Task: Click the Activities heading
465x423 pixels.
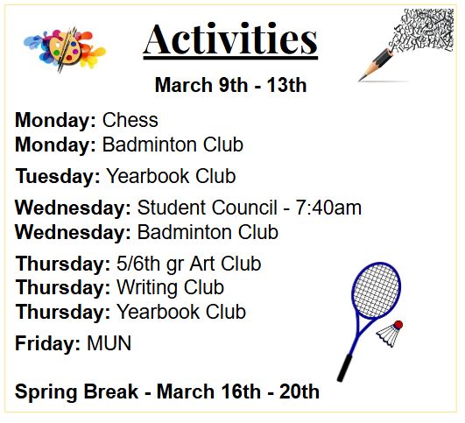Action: click(x=230, y=40)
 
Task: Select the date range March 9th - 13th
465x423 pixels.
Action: click(x=230, y=86)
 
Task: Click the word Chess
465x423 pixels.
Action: click(x=130, y=120)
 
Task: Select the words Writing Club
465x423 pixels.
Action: click(x=170, y=287)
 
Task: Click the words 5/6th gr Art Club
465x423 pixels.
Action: click(x=188, y=264)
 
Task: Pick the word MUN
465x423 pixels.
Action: click(x=109, y=343)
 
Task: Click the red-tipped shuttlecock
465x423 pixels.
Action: click(x=391, y=332)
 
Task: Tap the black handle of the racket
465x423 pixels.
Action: click(x=345, y=364)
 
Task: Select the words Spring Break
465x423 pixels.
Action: click(x=76, y=391)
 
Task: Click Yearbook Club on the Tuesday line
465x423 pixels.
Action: click(x=171, y=176)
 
